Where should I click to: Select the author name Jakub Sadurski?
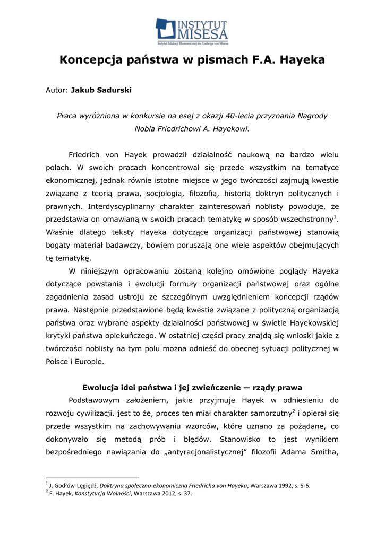101,90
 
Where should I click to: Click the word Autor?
57,90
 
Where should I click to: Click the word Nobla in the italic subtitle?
146,128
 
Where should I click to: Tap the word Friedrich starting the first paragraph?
87,154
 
